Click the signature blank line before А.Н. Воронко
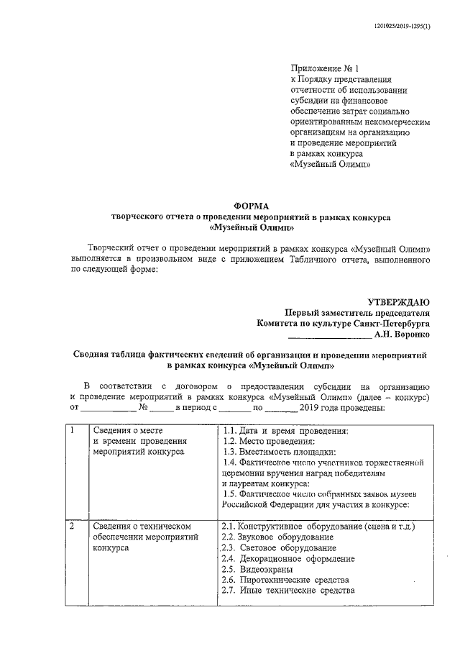pos(329,335)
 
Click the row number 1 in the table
pos(73,431)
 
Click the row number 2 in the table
pos(73,527)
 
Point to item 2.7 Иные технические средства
pos(288,591)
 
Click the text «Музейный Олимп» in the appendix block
pos(330,163)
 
